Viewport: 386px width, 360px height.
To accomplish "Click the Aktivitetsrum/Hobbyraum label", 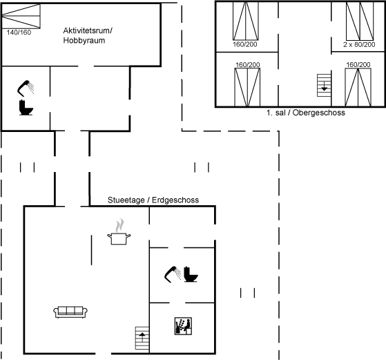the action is coord(88,35).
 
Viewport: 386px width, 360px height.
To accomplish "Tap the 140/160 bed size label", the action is coord(19,32).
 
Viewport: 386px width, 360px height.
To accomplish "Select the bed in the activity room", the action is coord(21,16).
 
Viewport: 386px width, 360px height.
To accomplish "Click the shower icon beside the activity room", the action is coord(26,88).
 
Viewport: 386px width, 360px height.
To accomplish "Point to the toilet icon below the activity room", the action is coord(26,107).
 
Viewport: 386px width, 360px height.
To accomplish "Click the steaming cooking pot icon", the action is coord(119,231).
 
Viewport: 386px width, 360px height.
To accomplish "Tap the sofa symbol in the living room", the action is coord(70,312).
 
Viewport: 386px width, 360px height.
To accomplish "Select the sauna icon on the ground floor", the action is coord(183,326).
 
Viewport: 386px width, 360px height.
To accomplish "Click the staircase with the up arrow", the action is coord(142,338).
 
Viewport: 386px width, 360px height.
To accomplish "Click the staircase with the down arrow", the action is coord(324,85).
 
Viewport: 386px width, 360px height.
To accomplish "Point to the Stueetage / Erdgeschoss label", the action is coord(153,200).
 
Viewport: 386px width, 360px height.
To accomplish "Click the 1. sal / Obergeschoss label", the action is coord(306,113).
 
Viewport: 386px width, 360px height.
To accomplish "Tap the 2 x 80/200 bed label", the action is coord(359,45).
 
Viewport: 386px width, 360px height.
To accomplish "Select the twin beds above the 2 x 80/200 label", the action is coord(360,21).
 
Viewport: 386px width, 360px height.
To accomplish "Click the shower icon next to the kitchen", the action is coord(173,274).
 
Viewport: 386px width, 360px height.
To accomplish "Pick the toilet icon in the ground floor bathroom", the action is coord(191,274).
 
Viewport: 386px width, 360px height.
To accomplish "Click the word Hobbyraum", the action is coord(84,40).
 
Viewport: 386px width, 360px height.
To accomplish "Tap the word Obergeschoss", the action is coord(319,113).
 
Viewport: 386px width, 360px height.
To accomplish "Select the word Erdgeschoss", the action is coord(175,200).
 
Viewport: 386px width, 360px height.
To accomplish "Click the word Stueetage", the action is coord(126,200).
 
